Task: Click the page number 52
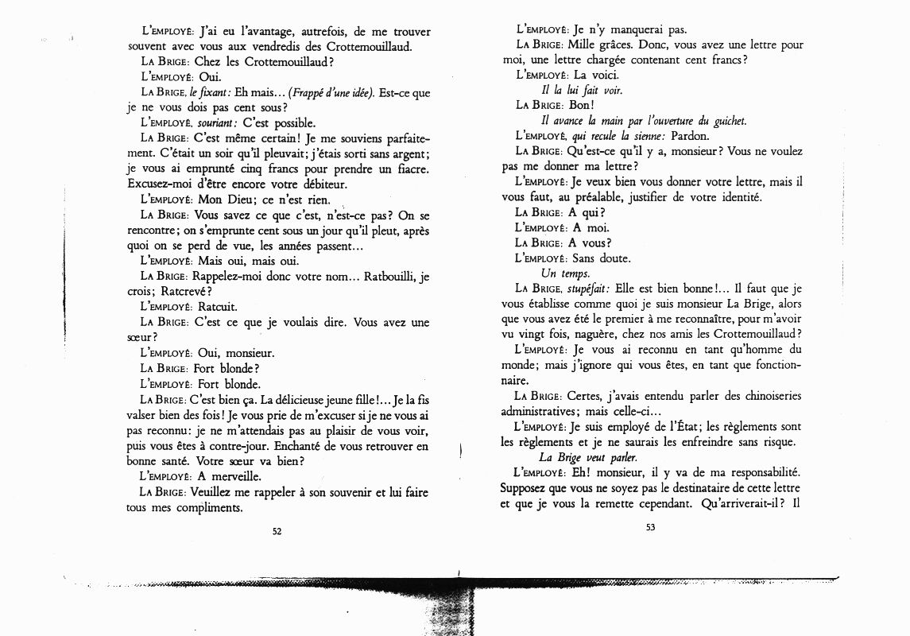point(277,532)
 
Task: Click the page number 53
point(649,531)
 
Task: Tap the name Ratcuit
point(217,306)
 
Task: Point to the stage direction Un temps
point(560,273)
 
